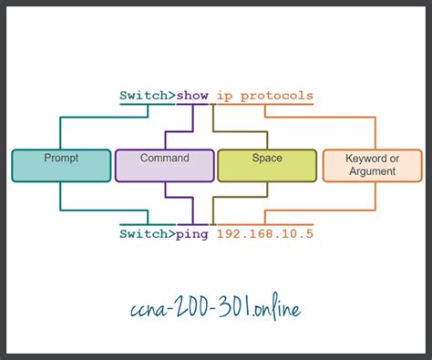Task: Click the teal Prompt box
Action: pyautogui.click(x=60, y=165)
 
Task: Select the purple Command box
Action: pyautogui.click(x=164, y=165)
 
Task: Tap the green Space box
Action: pyautogui.click(x=266, y=165)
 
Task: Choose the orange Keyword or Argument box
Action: pyautogui.click(x=372, y=165)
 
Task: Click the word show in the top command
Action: pyautogui.click(x=194, y=95)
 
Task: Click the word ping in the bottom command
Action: pyautogui.click(x=193, y=233)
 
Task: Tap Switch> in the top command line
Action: pyautogui.click(x=148, y=95)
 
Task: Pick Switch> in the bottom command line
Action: pyautogui.click(x=148, y=233)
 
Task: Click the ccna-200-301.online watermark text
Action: pyautogui.click(x=215, y=307)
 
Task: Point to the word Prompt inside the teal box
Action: pyautogui.click(x=61, y=158)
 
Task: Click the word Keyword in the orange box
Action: pyautogui.click(x=372, y=159)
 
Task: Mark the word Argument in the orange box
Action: pyautogui.click(x=372, y=170)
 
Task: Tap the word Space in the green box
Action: pyautogui.click(x=266, y=158)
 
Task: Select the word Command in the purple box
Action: pyautogui.click(x=165, y=158)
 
